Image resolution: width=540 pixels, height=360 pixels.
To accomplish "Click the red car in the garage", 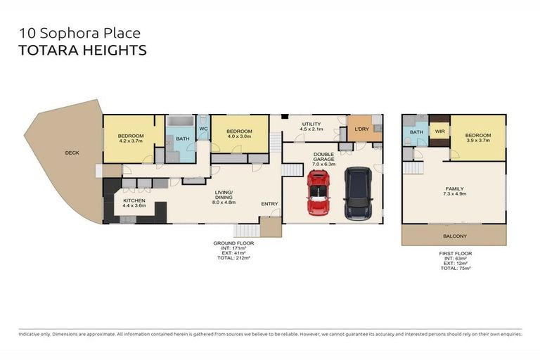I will (x=318, y=193).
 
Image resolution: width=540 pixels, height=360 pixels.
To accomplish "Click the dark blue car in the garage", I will (x=358, y=193).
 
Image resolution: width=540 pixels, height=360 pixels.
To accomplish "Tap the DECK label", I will (x=72, y=153).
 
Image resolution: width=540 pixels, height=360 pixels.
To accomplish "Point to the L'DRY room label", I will (x=362, y=129).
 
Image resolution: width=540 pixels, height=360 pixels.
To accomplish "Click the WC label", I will (x=203, y=129).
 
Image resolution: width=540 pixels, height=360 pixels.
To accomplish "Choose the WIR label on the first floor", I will (x=439, y=131).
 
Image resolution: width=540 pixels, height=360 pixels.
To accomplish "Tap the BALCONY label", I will (x=454, y=236).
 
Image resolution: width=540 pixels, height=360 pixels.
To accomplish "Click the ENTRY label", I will (x=270, y=204).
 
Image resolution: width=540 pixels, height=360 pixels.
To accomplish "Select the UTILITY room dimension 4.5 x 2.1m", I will (x=311, y=129).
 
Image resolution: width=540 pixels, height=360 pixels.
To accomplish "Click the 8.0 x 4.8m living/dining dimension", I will (x=224, y=202).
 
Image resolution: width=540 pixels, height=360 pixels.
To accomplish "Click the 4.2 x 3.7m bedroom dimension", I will (x=131, y=141).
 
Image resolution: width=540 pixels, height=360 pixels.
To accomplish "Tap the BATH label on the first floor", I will (x=416, y=132).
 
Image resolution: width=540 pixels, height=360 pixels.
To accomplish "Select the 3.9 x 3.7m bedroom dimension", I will (x=477, y=141).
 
